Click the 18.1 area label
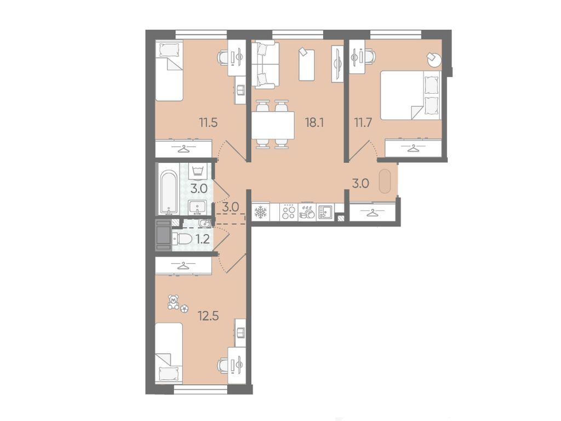click(314, 123)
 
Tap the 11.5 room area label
click(209, 123)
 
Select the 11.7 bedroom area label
click(363, 123)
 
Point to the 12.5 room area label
click(208, 316)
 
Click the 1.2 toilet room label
click(203, 239)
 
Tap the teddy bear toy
click(174, 302)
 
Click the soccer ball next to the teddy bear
click(184, 308)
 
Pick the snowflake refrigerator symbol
click(260, 212)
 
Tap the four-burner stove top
click(288, 212)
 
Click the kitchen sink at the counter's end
click(325, 212)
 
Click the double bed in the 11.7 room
click(410, 95)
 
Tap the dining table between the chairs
click(273, 126)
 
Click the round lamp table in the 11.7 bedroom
click(434, 59)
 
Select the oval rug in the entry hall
click(385, 181)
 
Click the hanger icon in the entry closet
click(373, 213)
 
